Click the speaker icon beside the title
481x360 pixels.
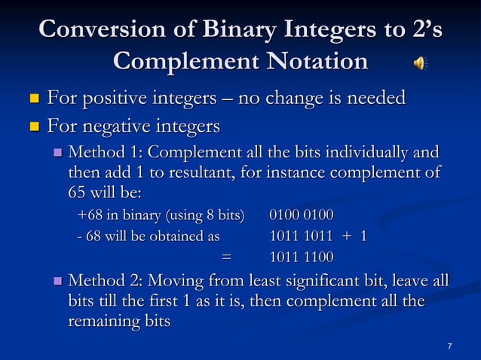click(x=419, y=63)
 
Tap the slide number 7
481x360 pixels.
click(x=449, y=346)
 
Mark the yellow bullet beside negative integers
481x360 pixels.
click(x=33, y=124)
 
